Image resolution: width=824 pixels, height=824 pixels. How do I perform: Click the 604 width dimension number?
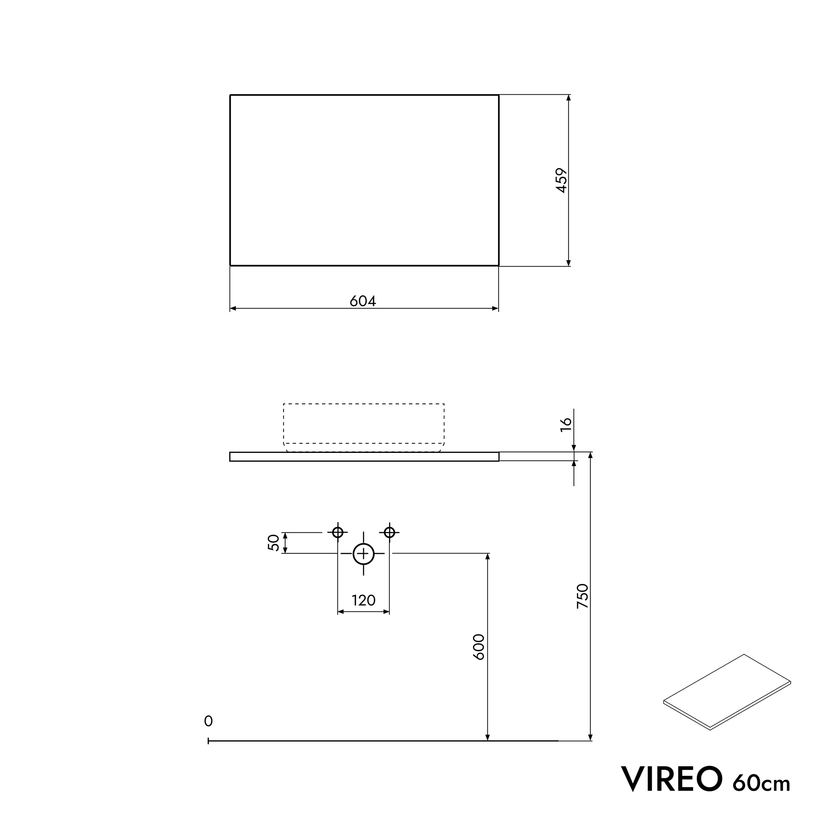click(x=363, y=301)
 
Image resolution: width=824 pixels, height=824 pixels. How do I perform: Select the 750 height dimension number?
click(x=583, y=596)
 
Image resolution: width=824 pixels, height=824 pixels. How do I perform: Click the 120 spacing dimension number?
click(x=363, y=601)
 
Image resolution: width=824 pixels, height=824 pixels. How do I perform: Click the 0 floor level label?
click(x=208, y=721)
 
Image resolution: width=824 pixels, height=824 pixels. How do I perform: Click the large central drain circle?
click(x=363, y=554)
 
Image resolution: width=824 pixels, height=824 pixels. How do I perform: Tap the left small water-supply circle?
click(x=338, y=532)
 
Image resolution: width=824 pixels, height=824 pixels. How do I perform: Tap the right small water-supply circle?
click(x=389, y=532)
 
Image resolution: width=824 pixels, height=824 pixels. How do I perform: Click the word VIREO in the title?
click(x=672, y=779)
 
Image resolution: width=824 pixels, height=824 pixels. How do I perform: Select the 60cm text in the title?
click(x=761, y=782)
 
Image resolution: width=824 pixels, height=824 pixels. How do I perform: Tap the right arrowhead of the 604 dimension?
click(x=495, y=309)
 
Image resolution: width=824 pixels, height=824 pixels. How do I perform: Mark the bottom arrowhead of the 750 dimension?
click(x=590, y=737)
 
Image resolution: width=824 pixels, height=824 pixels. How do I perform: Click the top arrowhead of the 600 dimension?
click(x=488, y=556)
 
